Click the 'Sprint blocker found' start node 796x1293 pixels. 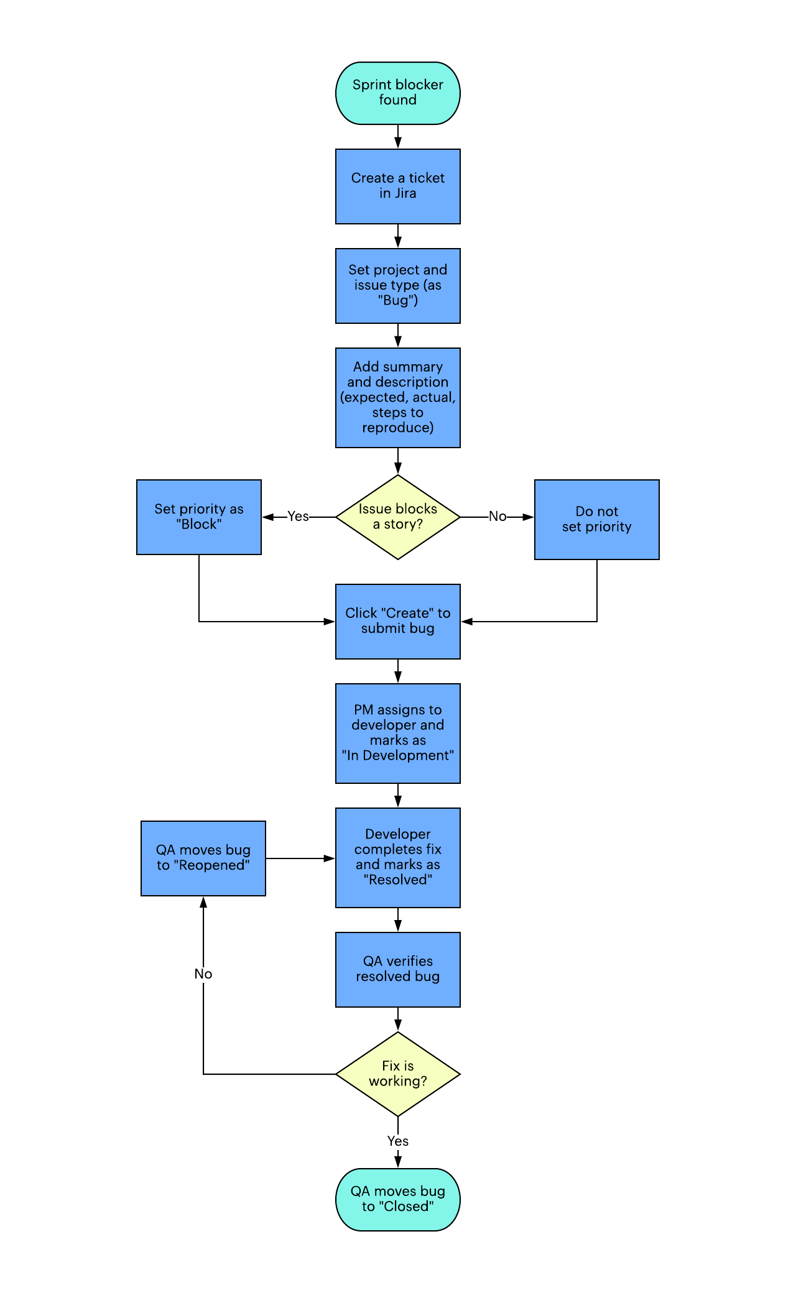click(x=398, y=93)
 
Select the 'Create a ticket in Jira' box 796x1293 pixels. click(x=398, y=186)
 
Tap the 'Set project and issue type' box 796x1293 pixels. click(x=398, y=285)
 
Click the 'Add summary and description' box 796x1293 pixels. click(x=398, y=397)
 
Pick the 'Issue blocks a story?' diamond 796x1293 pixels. click(x=398, y=517)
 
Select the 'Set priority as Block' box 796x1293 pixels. click(x=199, y=517)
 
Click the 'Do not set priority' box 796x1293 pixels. click(x=597, y=519)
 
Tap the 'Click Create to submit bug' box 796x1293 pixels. click(x=398, y=621)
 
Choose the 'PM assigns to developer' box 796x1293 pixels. click(x=398, y=733)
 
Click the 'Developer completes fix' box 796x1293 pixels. click(x=398, y=857)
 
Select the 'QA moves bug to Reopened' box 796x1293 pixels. click(x=203, y=858)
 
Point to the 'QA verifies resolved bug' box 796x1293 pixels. click(x=398, y=969)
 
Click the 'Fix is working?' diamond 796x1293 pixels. click(x=398, y=1074)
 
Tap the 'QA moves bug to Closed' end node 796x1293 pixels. click(x=398, y=1199)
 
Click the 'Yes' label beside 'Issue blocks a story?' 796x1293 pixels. click(x=298, y=517)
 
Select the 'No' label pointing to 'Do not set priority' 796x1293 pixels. click(x=497, y=517)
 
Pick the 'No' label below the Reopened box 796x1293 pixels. click(x=203, y=974)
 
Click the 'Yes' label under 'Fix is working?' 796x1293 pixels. click(x=398, y=1141)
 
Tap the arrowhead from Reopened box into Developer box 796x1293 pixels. click(x=330, y=858)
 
